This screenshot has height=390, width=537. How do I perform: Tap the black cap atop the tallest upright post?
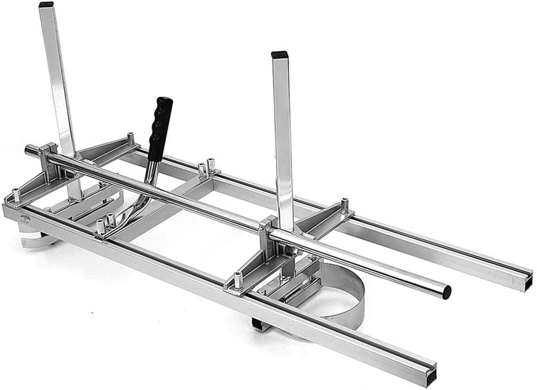pyautogui.click(x=46, y=4)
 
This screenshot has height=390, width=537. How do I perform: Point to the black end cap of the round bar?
pyautogui.click(x=446, y=292)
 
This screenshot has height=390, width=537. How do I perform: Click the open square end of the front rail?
pyautogui.click(x=430, y=377)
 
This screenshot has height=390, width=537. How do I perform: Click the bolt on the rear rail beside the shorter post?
pyautogui.click(x=344, y=205)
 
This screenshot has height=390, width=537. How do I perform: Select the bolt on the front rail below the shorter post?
pyautogui.click(x=238, y=280)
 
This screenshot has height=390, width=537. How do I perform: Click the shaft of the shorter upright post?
pyautogui.click(x=283, y=138)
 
